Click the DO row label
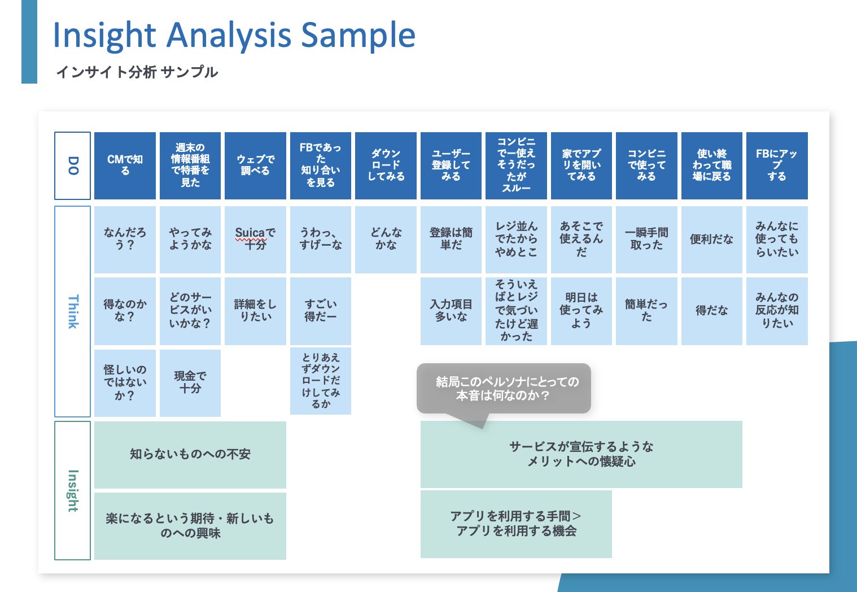(x=72, y=166)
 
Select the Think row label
(x=72, y=311)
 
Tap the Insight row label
(x=72, y=490)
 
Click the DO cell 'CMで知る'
(x=125, y=166)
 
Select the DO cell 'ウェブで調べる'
(x=255, y=166)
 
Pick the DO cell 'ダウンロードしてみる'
(x=386, y=166)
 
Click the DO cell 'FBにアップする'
(x=777, y=166)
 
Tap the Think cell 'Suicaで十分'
(x=255, y=239)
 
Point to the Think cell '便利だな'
(x=711, y=239)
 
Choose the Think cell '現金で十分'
(x=190, y=382)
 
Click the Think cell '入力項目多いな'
(x=451, y=311)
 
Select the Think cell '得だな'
(x=711, y=311)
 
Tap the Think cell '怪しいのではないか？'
(x=125, y=382)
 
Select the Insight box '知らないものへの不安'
(x=190, y=454)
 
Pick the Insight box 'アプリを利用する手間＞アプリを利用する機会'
(x=516, y=524)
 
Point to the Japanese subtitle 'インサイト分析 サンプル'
(x=137, y=72)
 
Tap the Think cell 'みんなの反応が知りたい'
(x=777, y=311)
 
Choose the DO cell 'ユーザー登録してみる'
(x=451, y=166)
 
